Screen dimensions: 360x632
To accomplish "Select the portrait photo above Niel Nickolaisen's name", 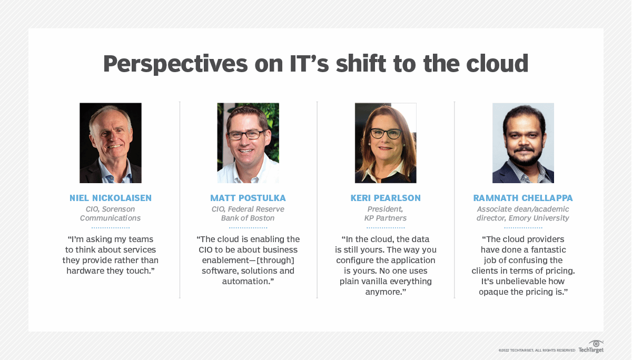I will (111, 143).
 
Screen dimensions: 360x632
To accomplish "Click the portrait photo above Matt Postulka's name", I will (248, 143).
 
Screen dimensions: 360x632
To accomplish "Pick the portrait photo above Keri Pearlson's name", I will (386, 143).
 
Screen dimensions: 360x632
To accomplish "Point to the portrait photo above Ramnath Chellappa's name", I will (523, 143).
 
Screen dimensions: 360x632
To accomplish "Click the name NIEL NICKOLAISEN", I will (111, 198).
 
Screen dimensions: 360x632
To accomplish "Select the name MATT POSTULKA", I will (248, 198).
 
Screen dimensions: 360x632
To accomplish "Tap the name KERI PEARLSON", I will (386, 198).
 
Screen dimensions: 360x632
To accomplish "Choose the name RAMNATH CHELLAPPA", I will (523, 198).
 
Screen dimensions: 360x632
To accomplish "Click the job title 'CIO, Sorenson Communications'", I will (111, 214).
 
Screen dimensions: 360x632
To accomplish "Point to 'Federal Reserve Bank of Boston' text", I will (248, 214).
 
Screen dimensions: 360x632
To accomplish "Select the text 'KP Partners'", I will (386, 218).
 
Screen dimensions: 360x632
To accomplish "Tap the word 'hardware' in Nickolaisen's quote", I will (84, 271).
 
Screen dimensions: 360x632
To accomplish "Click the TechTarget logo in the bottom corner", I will (591, 347).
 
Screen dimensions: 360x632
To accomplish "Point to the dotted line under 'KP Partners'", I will (386, 228).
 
